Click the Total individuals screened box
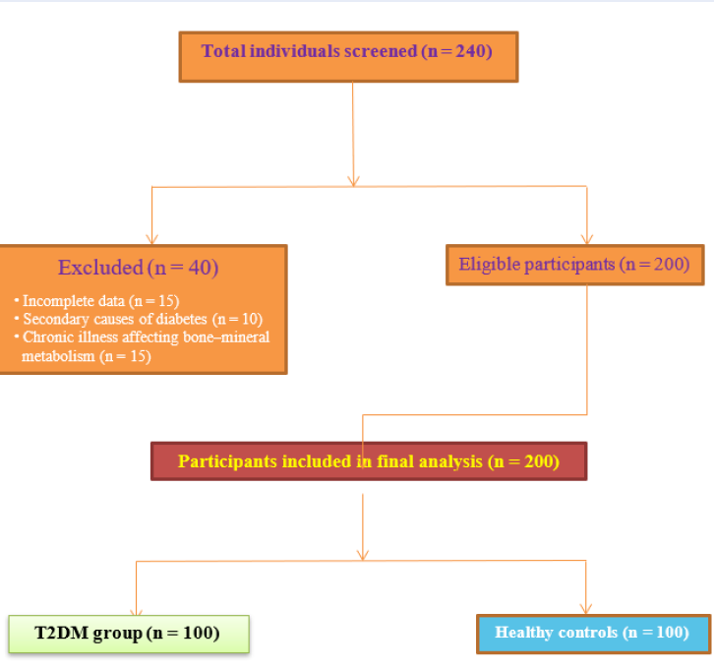(348, 56)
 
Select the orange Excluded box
(143, 309)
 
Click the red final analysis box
(368, 460)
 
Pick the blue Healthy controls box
(592, 633)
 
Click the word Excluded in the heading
(100, 268)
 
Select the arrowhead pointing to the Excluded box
(149, 238)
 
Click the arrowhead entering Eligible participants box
(587, 238)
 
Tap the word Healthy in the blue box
(527, 633)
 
